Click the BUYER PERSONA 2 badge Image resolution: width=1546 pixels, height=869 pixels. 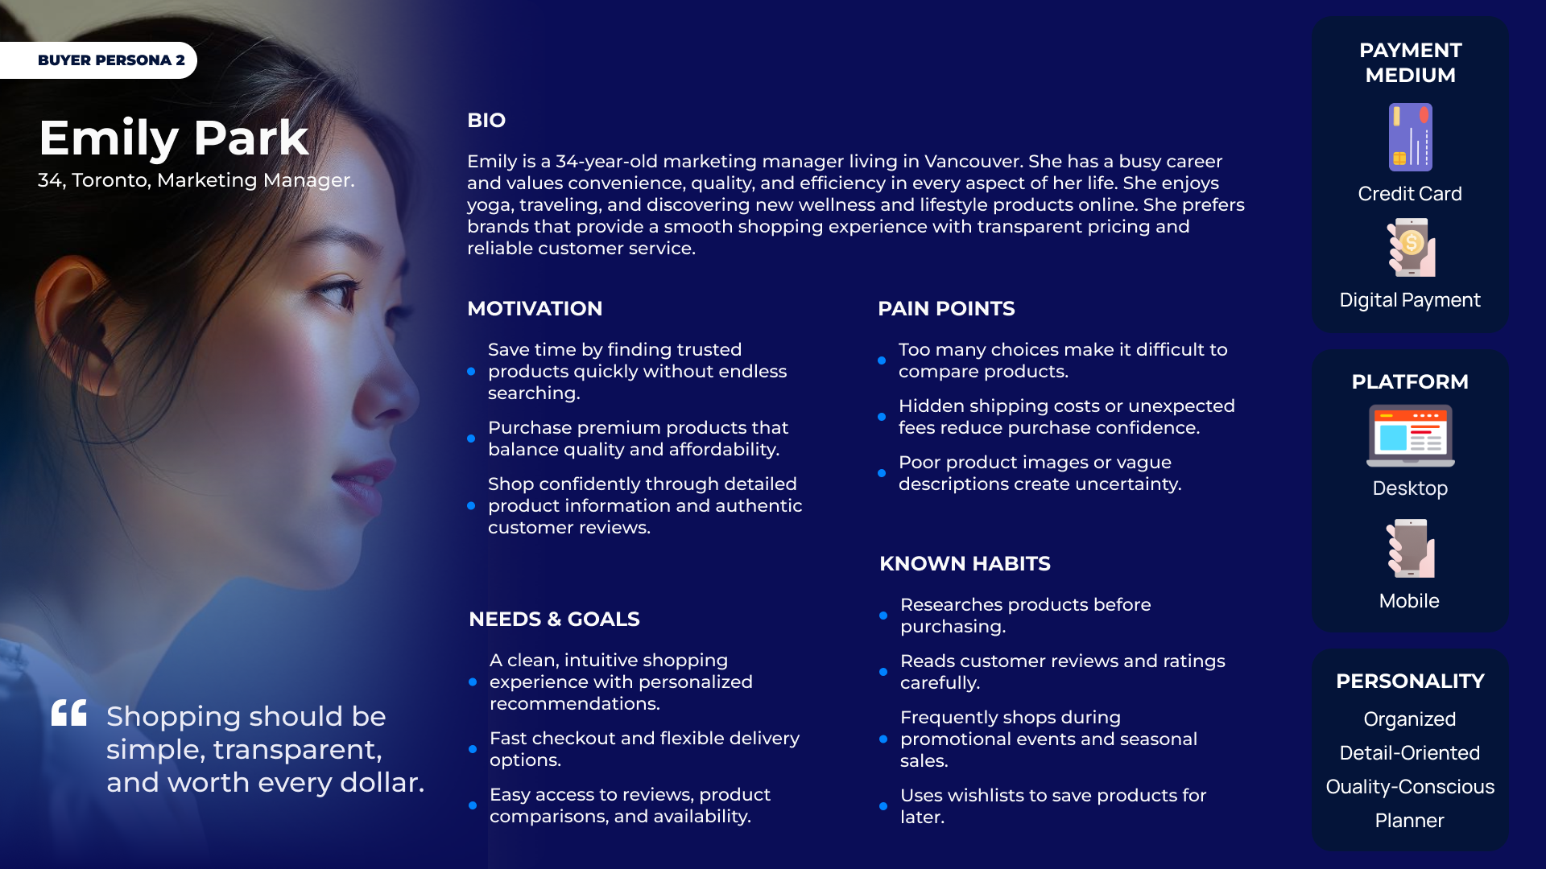98,60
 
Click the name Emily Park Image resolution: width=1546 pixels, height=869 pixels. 174,138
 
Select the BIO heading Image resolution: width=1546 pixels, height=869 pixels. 486,121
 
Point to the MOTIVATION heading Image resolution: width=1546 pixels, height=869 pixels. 535,309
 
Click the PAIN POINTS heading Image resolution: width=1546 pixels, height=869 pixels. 946,309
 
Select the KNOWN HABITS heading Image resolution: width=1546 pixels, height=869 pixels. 965,564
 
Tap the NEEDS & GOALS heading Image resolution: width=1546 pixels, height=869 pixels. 554,620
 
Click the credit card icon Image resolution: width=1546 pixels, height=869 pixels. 1410,137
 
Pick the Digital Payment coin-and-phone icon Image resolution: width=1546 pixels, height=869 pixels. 1411,248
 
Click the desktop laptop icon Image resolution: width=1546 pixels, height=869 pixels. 1410,435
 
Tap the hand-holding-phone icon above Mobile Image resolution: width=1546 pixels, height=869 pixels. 1410,548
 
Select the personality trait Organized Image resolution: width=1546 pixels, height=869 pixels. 1410,719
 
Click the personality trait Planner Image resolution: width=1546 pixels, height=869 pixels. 1409,821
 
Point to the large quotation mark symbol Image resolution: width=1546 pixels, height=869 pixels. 69,712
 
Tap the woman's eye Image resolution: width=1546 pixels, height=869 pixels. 338,291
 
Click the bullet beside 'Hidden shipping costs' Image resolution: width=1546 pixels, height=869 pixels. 882,417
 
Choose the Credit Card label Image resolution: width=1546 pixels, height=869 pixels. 1410,194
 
